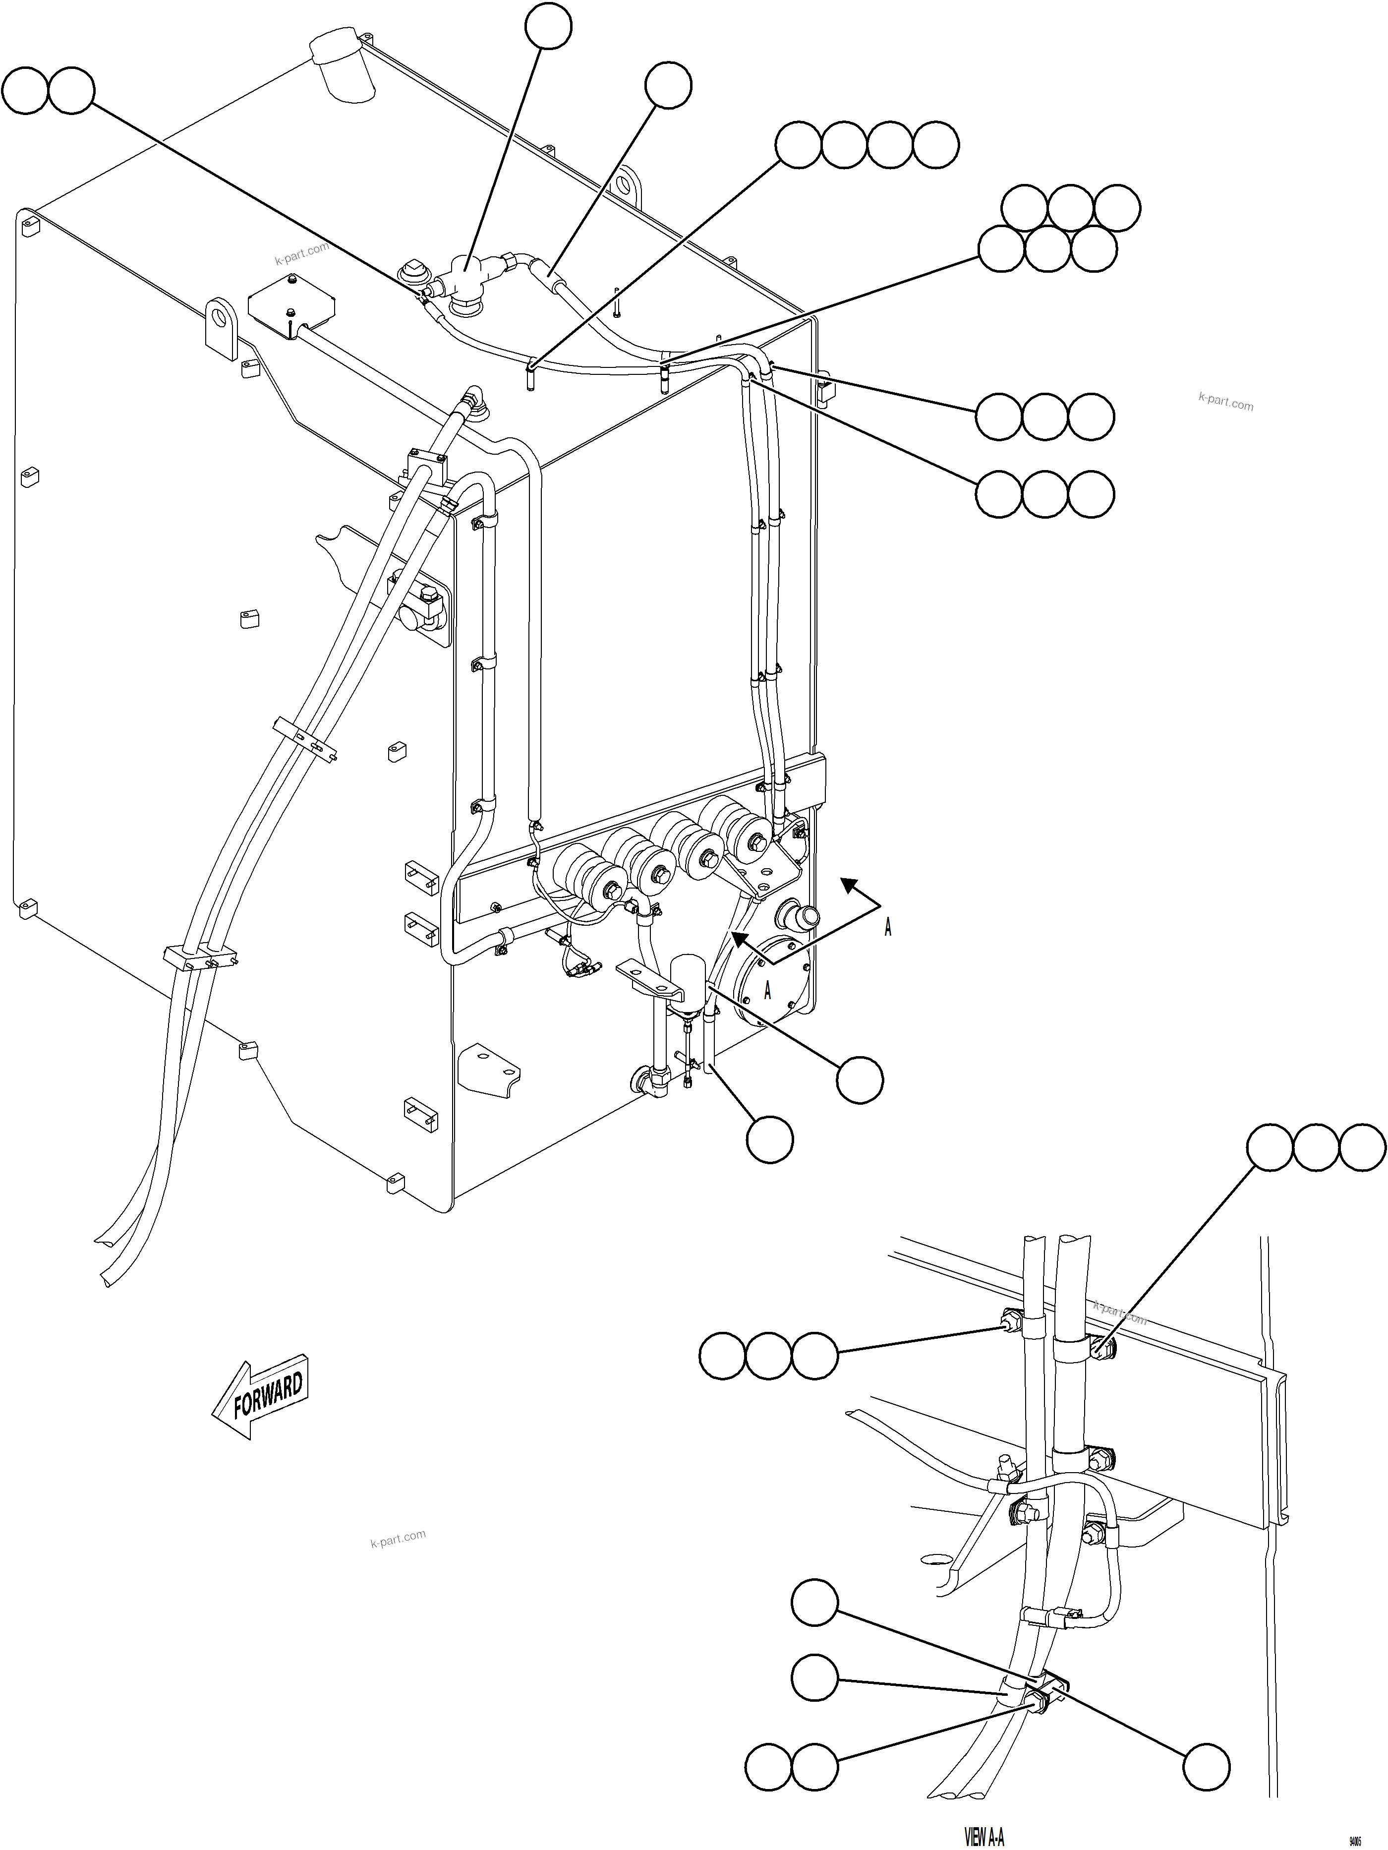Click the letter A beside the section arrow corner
[x=887, y=928]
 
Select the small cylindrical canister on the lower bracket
[x=688, y=974]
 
